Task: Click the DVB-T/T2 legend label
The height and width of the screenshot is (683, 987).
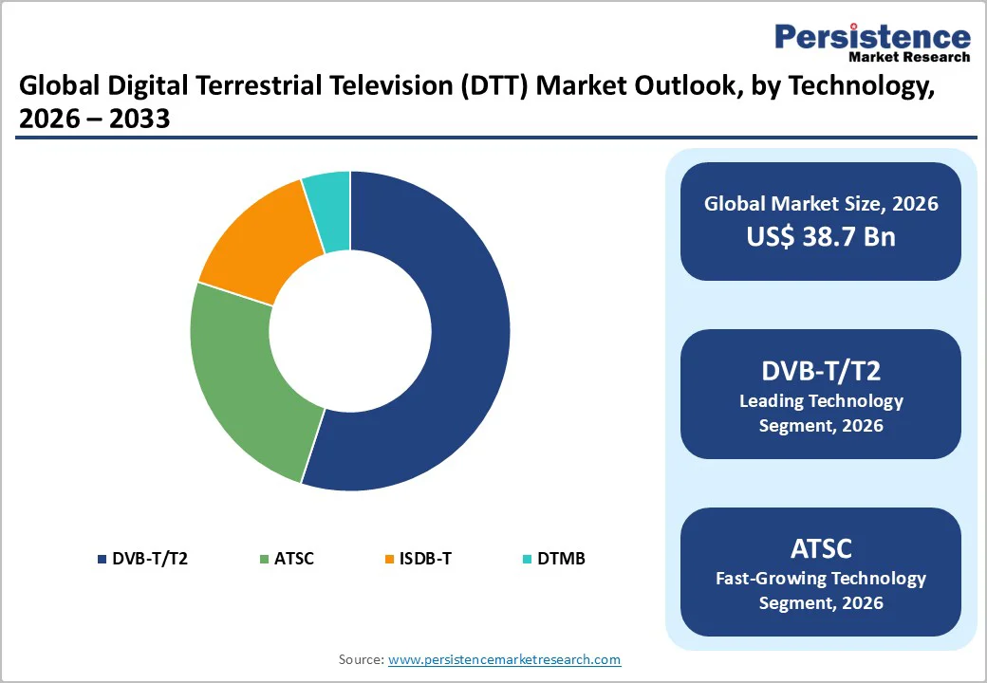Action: [x=150, y=558]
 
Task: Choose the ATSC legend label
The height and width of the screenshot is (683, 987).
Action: [x=293, y=558]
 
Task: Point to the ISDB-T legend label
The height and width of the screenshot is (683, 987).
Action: [x=424, y=558]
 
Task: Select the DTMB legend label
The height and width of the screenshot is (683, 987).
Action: [x=561, y=558]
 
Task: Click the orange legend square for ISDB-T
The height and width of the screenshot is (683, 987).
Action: [x=388, y=559]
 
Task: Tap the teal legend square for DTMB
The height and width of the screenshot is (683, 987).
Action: [x=529, y=559]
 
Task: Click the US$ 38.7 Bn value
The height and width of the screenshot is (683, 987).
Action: [x=821, y=236]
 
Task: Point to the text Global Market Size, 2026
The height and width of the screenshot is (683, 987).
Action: [x=821, y=204]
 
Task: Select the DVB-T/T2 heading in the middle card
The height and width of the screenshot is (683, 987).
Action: [x=821, y=372]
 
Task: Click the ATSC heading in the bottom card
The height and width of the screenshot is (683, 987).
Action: [x=821, y=548]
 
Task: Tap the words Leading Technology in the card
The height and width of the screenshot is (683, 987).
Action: [x=821, y=401]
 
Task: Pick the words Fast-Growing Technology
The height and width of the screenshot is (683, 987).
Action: [x=821, y=578]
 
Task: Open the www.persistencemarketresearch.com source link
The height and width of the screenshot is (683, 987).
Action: [x=504, y=659]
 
